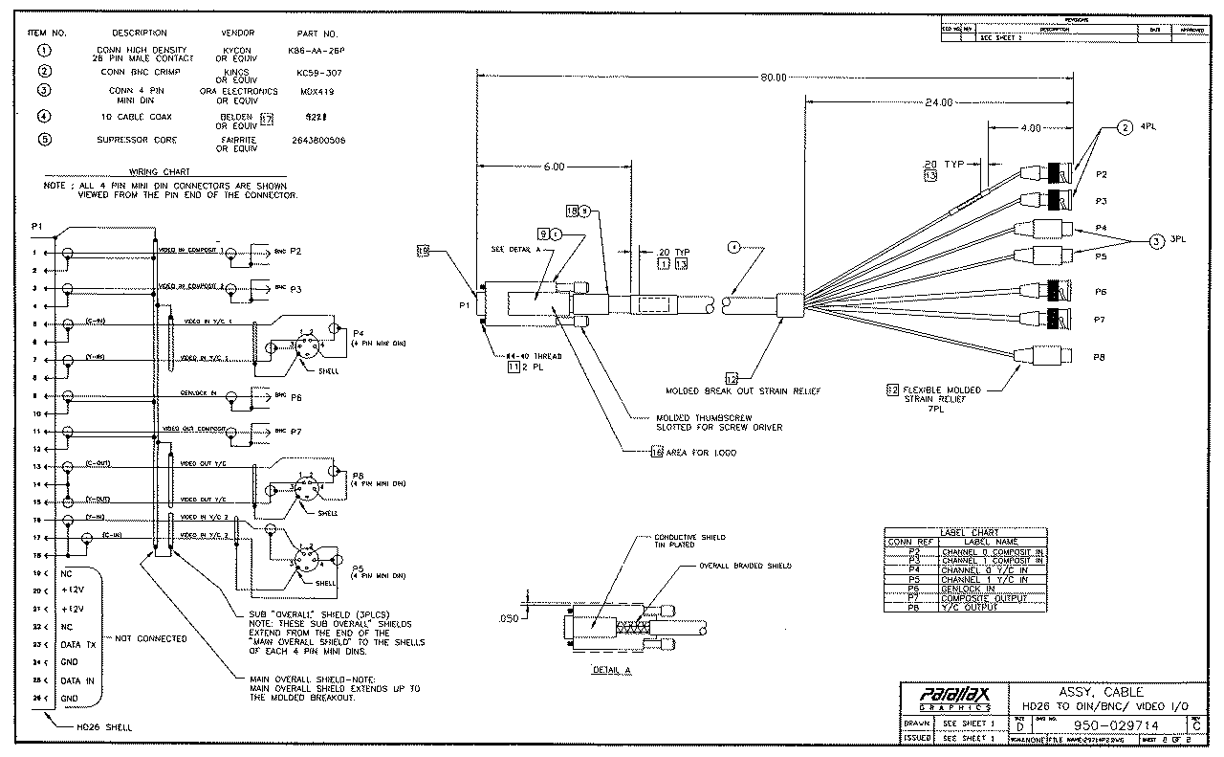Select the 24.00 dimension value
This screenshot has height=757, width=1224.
click(x=939, y=102)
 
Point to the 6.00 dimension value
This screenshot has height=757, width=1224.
click(x=555, y=167)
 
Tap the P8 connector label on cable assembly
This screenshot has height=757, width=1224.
click(x=1101, y=356)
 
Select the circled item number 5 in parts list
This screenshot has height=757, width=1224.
click(x=44, y=140)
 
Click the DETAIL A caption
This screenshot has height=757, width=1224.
click(x=612, y=670)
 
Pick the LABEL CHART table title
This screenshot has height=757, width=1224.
click(x=969, y=532)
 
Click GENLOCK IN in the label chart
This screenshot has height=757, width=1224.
click(x=968, y=589)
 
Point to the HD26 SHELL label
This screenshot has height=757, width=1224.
click(x=104, y=727)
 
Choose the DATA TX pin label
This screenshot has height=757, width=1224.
click(x=78, y=644)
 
